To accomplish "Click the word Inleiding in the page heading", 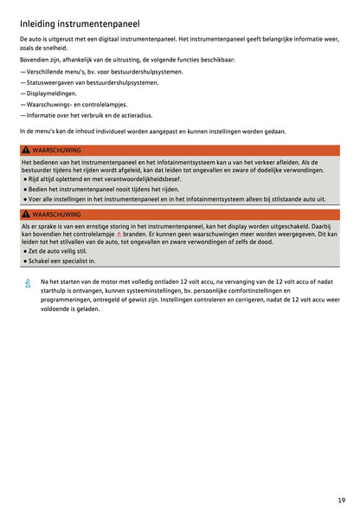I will pos(37,24).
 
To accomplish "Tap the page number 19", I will pos(342,500).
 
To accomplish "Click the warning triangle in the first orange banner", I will pos(26,150).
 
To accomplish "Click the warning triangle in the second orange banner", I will pos(26,214).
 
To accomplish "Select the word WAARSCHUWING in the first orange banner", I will pos(56,150).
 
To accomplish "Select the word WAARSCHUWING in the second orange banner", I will pos(56,214).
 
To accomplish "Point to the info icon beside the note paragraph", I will pos(27,283).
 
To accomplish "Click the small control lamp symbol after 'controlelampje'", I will pos(119,234).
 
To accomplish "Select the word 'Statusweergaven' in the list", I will pos(51,82).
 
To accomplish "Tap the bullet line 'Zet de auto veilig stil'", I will pos(59,251).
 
